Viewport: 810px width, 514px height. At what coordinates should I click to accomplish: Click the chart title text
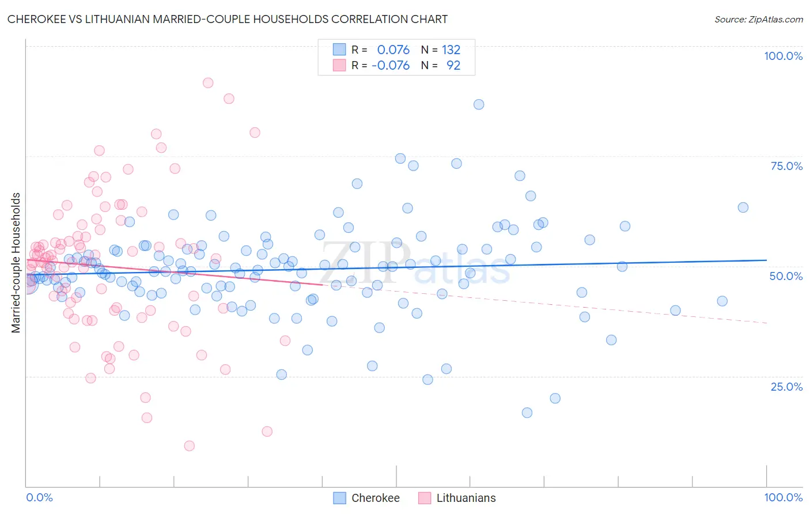[x=228, y=19]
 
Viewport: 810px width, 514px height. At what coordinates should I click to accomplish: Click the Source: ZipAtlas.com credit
[x=758, y=19]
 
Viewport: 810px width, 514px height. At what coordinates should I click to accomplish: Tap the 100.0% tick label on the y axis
[x=783, y=56]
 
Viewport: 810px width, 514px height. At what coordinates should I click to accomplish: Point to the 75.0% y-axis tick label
[x=786, y=166]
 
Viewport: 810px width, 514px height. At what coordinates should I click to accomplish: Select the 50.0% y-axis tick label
[x=786, y=276]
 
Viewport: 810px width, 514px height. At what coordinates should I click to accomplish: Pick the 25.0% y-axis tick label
[x=786, y=386]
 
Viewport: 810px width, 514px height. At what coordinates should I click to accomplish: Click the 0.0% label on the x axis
[x=39, y=497]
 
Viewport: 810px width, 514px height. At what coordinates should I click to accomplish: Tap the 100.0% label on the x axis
[x=783, y=497]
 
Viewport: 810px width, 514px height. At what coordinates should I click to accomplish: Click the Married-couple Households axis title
[x=16, y=263]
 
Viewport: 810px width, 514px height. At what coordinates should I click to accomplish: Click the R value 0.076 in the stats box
[x=393, y=50]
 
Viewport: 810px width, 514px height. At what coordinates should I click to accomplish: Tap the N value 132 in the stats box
[x=451, y=50]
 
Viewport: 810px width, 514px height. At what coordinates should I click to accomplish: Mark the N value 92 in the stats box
[x=453, y=65]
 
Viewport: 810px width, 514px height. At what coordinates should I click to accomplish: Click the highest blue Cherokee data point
[x=479, y=104]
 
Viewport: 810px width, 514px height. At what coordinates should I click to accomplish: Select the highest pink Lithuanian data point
[x=208, y=83]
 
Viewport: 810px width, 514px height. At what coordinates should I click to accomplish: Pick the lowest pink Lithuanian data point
[x=189, y=445]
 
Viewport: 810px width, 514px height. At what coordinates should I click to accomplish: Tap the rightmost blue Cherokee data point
[x=743, y=207]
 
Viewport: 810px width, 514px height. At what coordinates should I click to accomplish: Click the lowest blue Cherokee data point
[x=527, y=413]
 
